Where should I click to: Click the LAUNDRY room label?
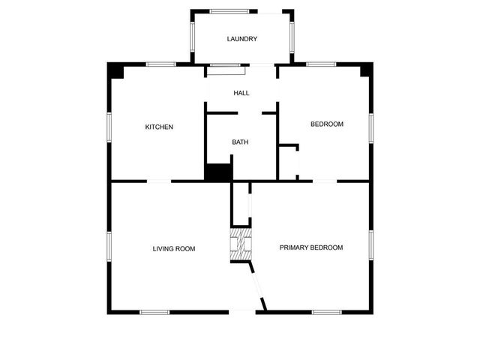tap(242, 39)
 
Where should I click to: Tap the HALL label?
tap(241, 93)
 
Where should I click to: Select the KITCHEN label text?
tap(159, 127)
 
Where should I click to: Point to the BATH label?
tap(240, 142)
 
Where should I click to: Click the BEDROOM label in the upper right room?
tap(327, 124)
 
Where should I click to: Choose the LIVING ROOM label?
tap(174, 248)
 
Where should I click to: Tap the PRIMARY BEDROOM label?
tap(311, 247)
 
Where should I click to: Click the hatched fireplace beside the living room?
tap(239, 245)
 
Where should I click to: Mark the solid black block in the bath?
tap(218, 172)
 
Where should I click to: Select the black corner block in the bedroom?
tap(365, 70)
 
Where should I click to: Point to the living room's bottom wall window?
tap(154, 312)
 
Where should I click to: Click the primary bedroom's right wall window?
tap(370, 245)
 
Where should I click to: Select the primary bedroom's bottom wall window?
tap(327, 312)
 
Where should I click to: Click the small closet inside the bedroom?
tap(289, 160)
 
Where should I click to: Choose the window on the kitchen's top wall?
tap(160, 64)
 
